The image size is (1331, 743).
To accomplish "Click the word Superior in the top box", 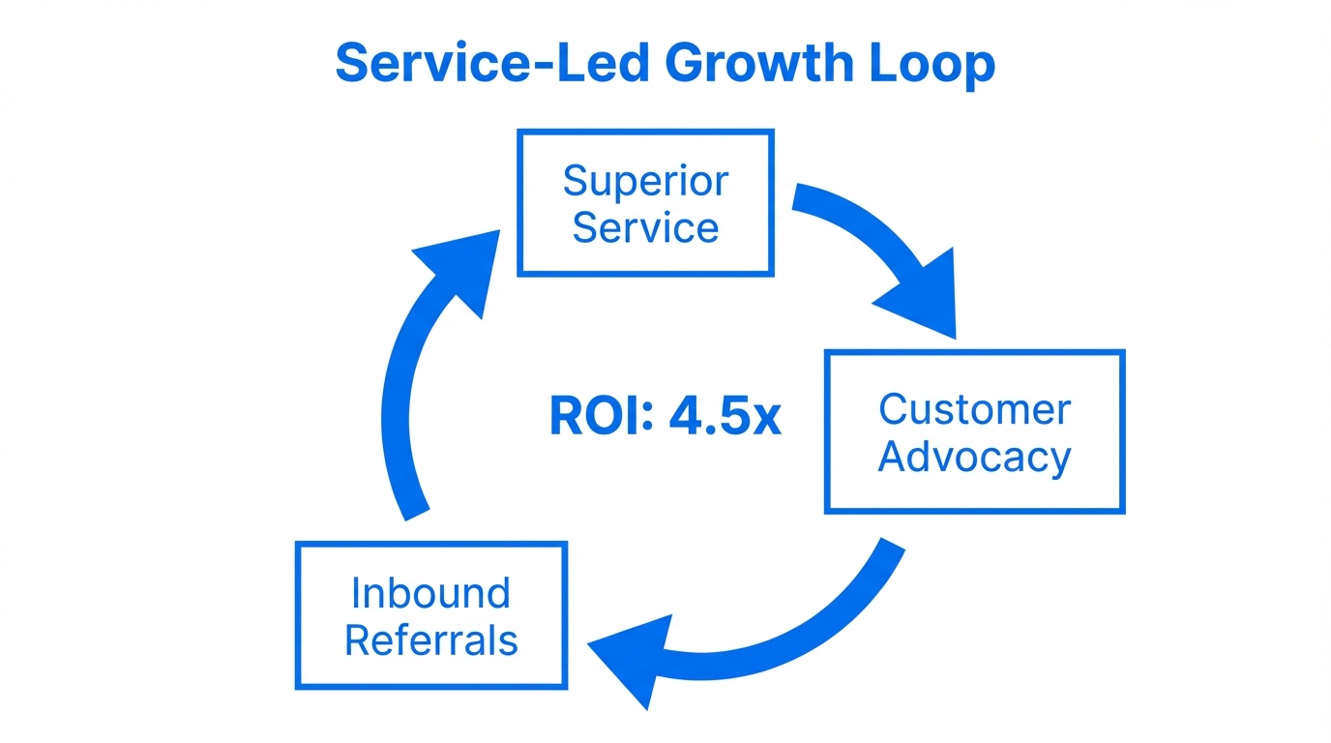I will (x=645, y=181).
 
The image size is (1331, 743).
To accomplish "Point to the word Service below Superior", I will (x=645, y=228).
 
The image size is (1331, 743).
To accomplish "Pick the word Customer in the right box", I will (x=974, y=409).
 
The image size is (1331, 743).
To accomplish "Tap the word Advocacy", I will (x=974, y=457).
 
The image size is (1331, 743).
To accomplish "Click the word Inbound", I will (x=430, y=593).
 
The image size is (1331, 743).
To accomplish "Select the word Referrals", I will (x=430, y=640).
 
